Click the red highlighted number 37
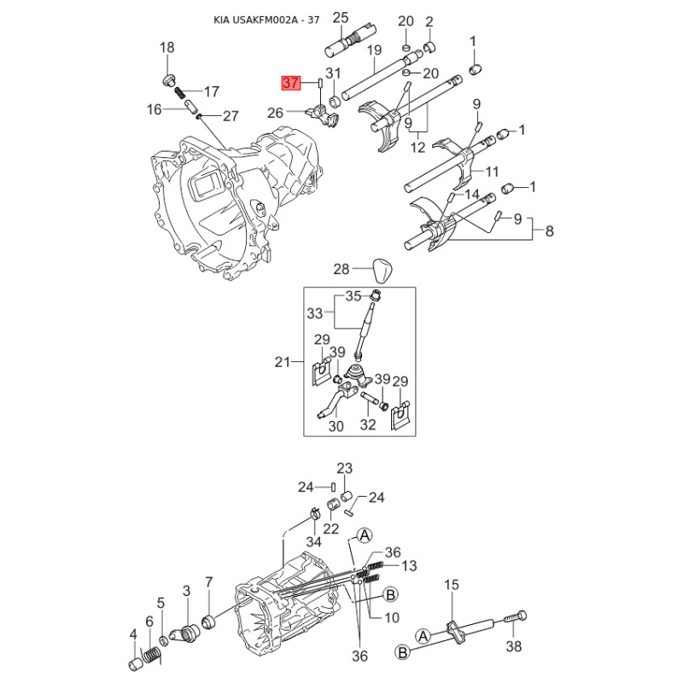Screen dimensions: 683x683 (x=290, y=83)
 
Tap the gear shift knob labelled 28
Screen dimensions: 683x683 (x=382, y=270)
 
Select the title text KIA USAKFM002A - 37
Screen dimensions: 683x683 (x=266, y=20)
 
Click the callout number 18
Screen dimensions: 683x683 (x=166, y=47)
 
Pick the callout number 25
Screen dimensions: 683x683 (x=340, y=18)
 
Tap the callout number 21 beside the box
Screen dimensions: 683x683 (x=282, y=362)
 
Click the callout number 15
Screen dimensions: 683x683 (x=452, y=584)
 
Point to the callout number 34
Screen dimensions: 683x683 (x=313, y=541)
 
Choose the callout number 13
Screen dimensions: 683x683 (x=409, y=565)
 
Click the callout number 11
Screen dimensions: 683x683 (x=492, y=172)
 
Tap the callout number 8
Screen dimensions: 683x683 (x=549, y=231)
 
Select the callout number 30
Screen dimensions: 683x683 (x=336, y=426)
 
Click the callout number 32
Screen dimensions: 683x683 (x=368, y=424)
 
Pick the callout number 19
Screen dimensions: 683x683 (x=374, y=50)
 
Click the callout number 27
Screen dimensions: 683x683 (x=231, y=116)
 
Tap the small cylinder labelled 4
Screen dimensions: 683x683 (x=136, y=664)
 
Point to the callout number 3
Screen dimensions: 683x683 (x=186, y=591)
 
